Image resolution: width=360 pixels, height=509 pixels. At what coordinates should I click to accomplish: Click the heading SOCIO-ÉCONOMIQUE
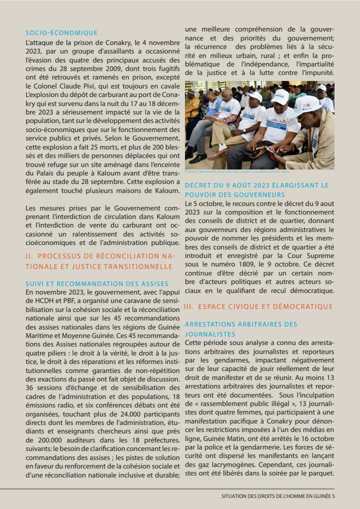61,33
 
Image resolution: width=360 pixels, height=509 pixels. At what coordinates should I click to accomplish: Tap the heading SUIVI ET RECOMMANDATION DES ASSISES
97,284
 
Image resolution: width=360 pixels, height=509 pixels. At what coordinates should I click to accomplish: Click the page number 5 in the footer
333,496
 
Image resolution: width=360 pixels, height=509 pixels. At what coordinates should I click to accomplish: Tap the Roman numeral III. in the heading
189,306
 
